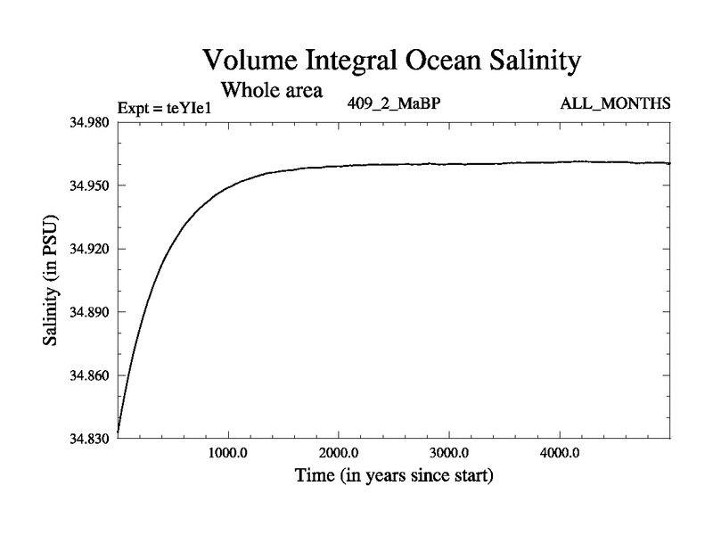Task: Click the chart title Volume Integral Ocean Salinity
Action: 392,60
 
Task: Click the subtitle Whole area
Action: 271,90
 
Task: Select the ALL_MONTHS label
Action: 615,104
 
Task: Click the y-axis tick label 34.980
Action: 87,122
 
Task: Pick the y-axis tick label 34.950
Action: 87,185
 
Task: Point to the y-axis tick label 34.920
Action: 87,249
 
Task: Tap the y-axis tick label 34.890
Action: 87,312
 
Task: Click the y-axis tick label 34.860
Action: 87,375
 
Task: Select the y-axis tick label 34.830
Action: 87,439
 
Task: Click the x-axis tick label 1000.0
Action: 228,453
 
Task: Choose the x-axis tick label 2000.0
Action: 339,453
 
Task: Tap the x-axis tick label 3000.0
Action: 449,453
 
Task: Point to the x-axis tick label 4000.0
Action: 560,453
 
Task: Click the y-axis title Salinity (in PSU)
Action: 52,280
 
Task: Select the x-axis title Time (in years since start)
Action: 393,476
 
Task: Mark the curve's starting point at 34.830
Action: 119,432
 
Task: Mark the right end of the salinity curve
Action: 668,163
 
